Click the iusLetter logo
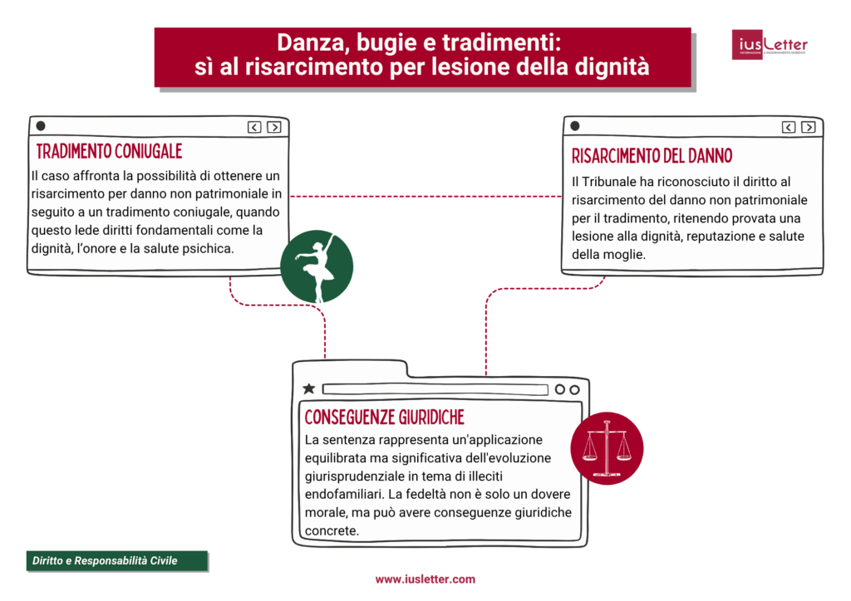pyautogui.click(x=770, y=45)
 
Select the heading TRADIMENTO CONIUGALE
pyautogui.click(x=109, y=151)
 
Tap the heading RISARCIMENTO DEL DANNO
pyautogui.click(x=652, y=156)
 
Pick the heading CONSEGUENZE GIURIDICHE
pyautogui.click(x=384, y=418)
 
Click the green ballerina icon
pyautogui.click(x=317, y=266)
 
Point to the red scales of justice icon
pyautogui.click(x=607, y=448)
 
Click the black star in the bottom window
pyautogui.click(x=309, y=388)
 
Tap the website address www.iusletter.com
pyautogui.click(x=425, y=579)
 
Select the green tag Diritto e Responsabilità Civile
pyautogui.click(x=117, y=561)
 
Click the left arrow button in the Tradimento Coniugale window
pyautogui.click(x=254, y=127)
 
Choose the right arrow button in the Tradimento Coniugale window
pyautogui.click(x=274, y=127)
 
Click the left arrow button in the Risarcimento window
pyautogui.click(x=789, y=127)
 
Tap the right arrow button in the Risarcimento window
pyautogui.click(x=808, y=127)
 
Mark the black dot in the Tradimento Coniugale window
pyautogui.click(x=41, y=126)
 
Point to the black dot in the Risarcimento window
pyautogui.click(x=575, y=126)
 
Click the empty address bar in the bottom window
pyautogui.click(x=435, y=389)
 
